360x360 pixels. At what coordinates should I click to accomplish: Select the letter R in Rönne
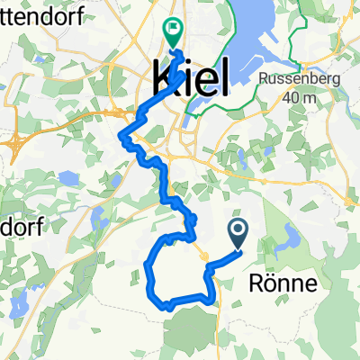tap(253, 285)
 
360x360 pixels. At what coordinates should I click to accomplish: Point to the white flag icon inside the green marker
tap(172, 30)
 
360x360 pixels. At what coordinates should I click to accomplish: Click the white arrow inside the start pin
tap(239, 231)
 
